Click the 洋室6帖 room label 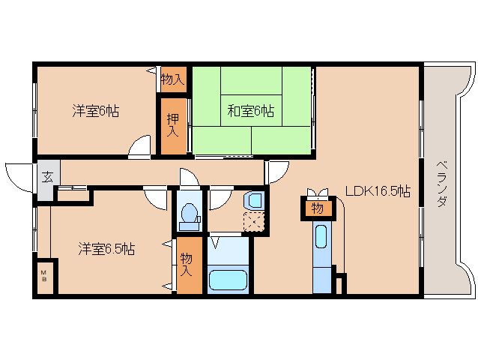click(95, 111)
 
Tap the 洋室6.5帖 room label click(106, 249)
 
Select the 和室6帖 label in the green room click(251, 111)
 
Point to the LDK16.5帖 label click(377, 190)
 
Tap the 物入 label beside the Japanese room click(173, 79)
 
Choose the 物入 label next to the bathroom click(187, 265)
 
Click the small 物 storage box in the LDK click(317, 207)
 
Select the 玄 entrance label click(46, 178)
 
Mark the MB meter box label click(43, 274)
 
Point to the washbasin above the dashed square click(255, 200)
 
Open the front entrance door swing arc click(16, 174)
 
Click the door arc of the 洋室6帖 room click(139, 147)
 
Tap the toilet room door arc click(188, 178)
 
